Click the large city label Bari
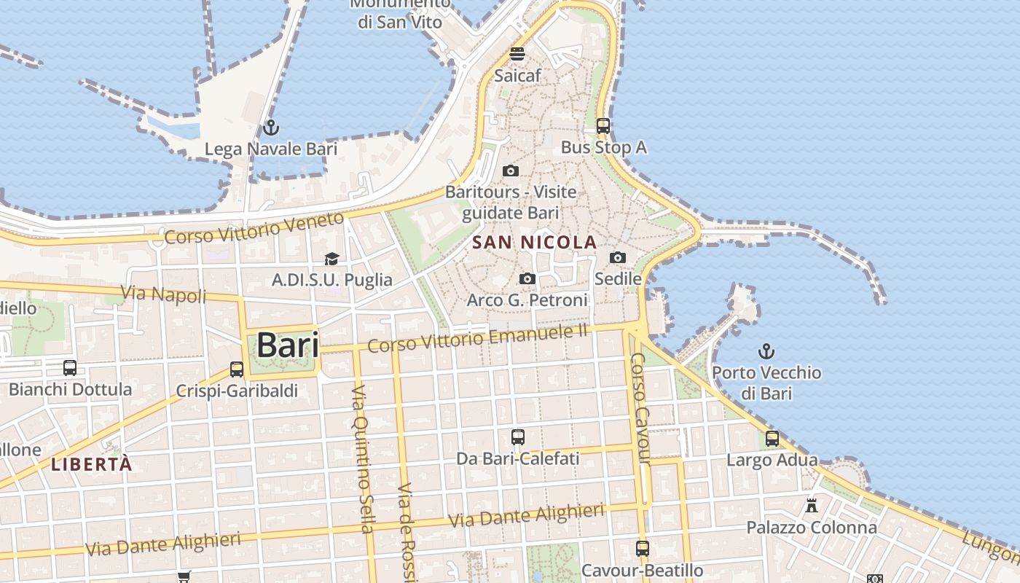coord(289,345)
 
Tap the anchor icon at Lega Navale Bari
coord(271,128)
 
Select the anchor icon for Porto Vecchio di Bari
coord(766,352)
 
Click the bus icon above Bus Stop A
coord(603,126)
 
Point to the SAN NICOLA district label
coord(535,242)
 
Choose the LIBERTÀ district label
coord(92,463)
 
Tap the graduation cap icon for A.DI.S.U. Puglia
coord(332,259)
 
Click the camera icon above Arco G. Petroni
coord(527,279)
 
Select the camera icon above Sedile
coord(618,257)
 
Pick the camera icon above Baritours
coord(511,171)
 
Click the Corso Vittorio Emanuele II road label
coord(477,338)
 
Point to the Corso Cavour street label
coord(640,408)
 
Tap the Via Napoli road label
coord(163,294)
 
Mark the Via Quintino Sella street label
coord(362,459)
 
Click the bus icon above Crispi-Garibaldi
coord(237,369)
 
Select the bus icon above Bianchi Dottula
coord(70,368)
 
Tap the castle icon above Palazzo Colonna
coord(811,505)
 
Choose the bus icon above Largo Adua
coord(772,439)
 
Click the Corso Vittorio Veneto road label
coord(254,228)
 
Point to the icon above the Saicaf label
coord(517,53)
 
